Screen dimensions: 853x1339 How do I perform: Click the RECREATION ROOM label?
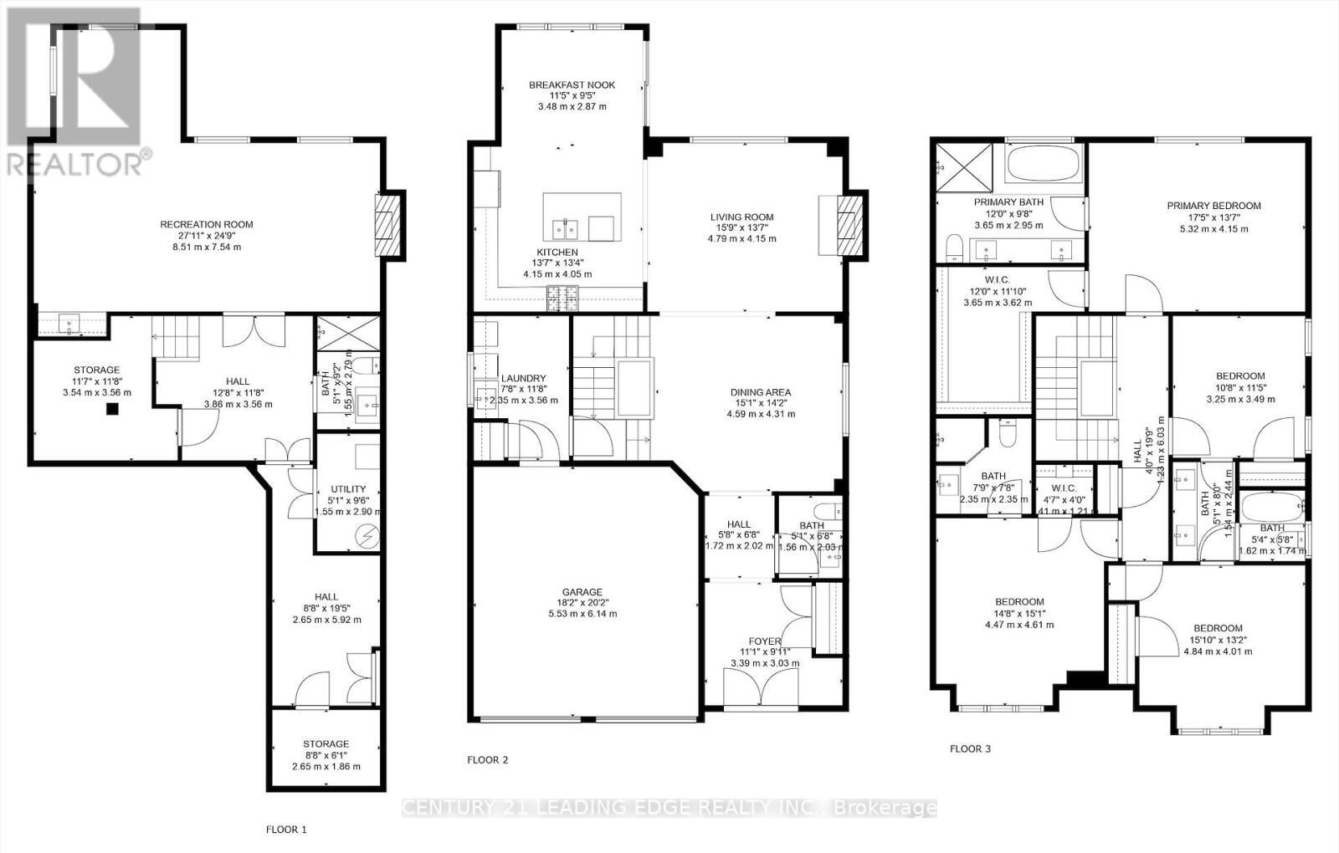tap(206, 224)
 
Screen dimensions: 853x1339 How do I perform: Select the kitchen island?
tap(582, 217)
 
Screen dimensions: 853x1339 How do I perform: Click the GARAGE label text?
tap(582, 592)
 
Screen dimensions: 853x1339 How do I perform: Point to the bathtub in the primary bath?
tap(1044, 162)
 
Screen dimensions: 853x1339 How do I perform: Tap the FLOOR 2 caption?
tap(487, 760)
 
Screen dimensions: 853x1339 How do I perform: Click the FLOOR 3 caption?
tap(970, 748)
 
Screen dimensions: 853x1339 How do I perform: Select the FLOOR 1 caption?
tap(286, 830)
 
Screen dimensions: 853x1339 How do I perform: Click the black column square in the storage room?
tap(110, 409)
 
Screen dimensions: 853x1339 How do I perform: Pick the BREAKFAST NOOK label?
tap(572, 84)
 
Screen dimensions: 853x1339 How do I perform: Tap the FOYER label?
tap(765, 641)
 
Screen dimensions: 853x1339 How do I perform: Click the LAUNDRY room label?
tap(523, 378)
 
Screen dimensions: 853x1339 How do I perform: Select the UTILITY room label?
tap(348, 489)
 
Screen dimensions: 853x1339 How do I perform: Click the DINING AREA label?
tap(760, 392)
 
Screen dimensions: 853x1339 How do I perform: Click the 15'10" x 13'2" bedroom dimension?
tap(1218, 640)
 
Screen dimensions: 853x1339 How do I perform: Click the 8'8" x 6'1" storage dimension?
tap(326, 755)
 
